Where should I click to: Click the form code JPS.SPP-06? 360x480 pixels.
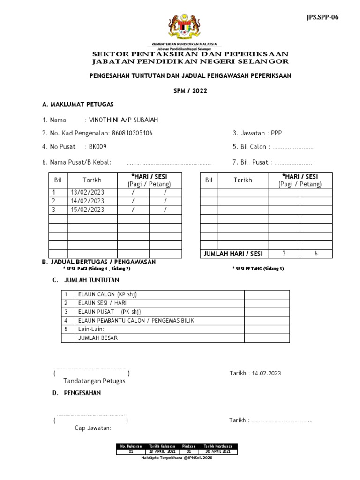click(322, 17)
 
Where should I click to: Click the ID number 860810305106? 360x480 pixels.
click(131, 133)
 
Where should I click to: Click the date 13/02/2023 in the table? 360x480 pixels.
click(88, 192)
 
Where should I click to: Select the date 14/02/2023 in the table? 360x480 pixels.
click(88, 201)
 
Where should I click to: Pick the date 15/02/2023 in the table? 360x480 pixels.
click(88, 210)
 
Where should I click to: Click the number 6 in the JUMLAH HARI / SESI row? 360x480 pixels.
click(316, 254)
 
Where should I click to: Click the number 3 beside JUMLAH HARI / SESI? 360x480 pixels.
click(284, 254)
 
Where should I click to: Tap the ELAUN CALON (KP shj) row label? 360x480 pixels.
click(107, 294)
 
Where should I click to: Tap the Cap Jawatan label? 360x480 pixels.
click(93, 428)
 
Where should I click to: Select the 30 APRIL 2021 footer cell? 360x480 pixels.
click(218, 451)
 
